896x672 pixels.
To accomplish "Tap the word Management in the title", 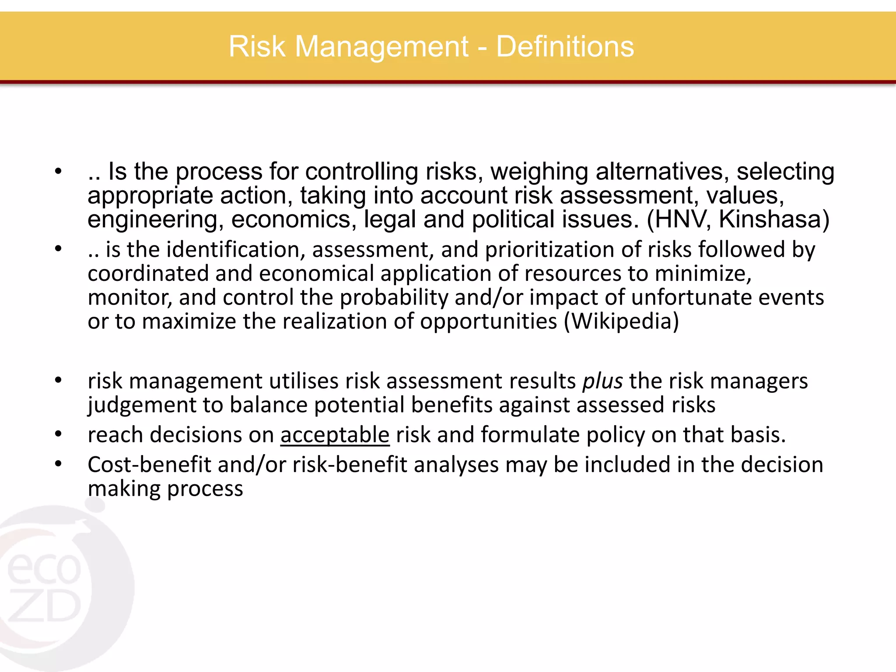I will tap(381, 47).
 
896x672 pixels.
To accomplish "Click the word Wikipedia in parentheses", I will tap(621, 322).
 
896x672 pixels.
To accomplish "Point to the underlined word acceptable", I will tap(335, 435).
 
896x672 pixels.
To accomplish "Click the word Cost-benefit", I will tap(149, 465).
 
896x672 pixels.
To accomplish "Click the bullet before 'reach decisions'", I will tap(58, 434).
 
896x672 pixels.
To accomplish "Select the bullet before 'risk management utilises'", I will tap(58, 381).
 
